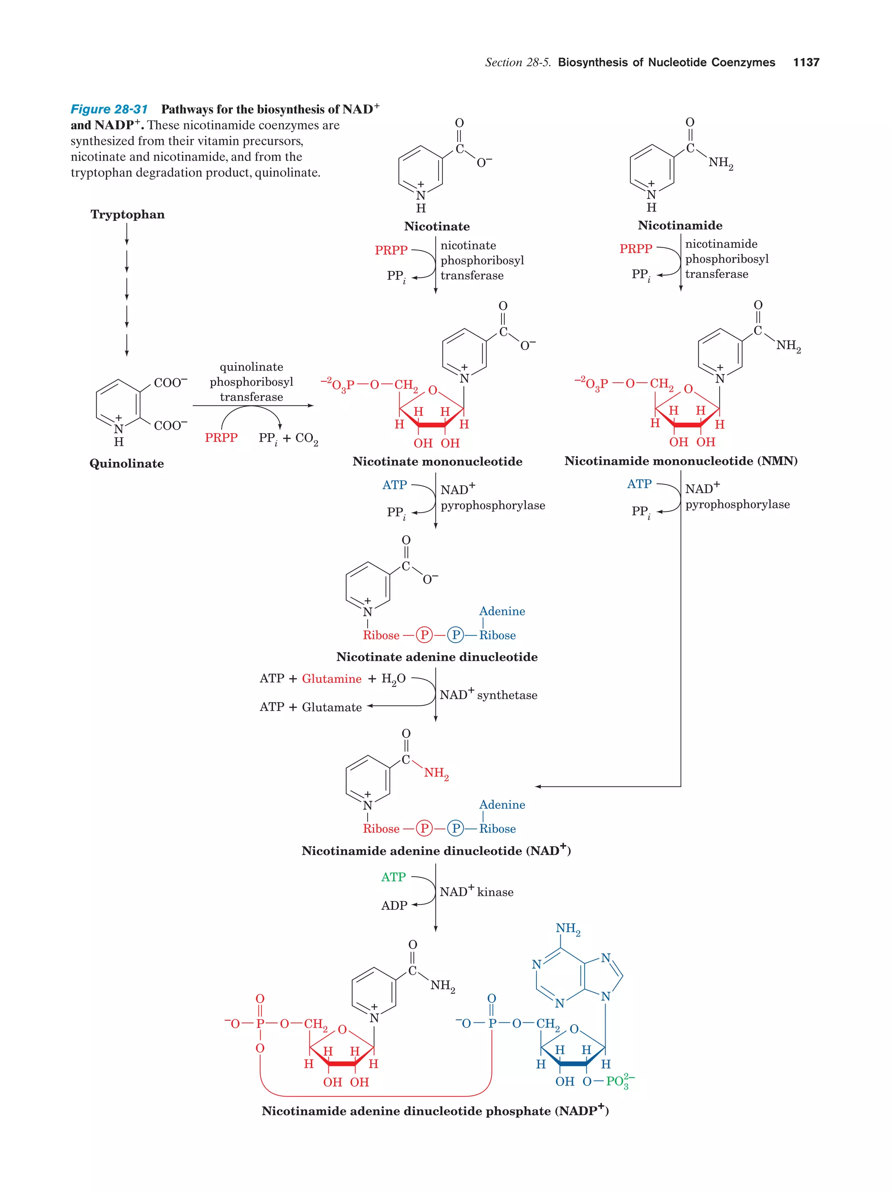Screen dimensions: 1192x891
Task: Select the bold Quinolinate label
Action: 127,464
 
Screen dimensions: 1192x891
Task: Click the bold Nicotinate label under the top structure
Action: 437,226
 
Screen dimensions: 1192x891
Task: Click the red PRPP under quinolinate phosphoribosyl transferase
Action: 221,437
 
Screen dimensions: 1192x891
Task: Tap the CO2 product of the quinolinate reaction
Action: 307,439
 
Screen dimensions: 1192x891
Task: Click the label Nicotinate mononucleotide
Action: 437,461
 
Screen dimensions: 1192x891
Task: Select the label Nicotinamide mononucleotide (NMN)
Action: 681,461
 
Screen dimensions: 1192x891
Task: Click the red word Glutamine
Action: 332,678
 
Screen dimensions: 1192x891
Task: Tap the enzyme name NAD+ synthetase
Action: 488,694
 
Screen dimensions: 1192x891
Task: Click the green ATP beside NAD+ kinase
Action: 393,877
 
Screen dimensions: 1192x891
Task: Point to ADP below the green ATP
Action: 394,905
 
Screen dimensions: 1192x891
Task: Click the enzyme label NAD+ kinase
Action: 476,891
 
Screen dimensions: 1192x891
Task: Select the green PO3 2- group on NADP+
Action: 620,1081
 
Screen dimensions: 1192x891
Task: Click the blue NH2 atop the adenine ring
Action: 568,928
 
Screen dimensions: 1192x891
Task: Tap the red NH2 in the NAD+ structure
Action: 435,773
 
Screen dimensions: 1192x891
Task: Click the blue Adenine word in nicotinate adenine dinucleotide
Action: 502,611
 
